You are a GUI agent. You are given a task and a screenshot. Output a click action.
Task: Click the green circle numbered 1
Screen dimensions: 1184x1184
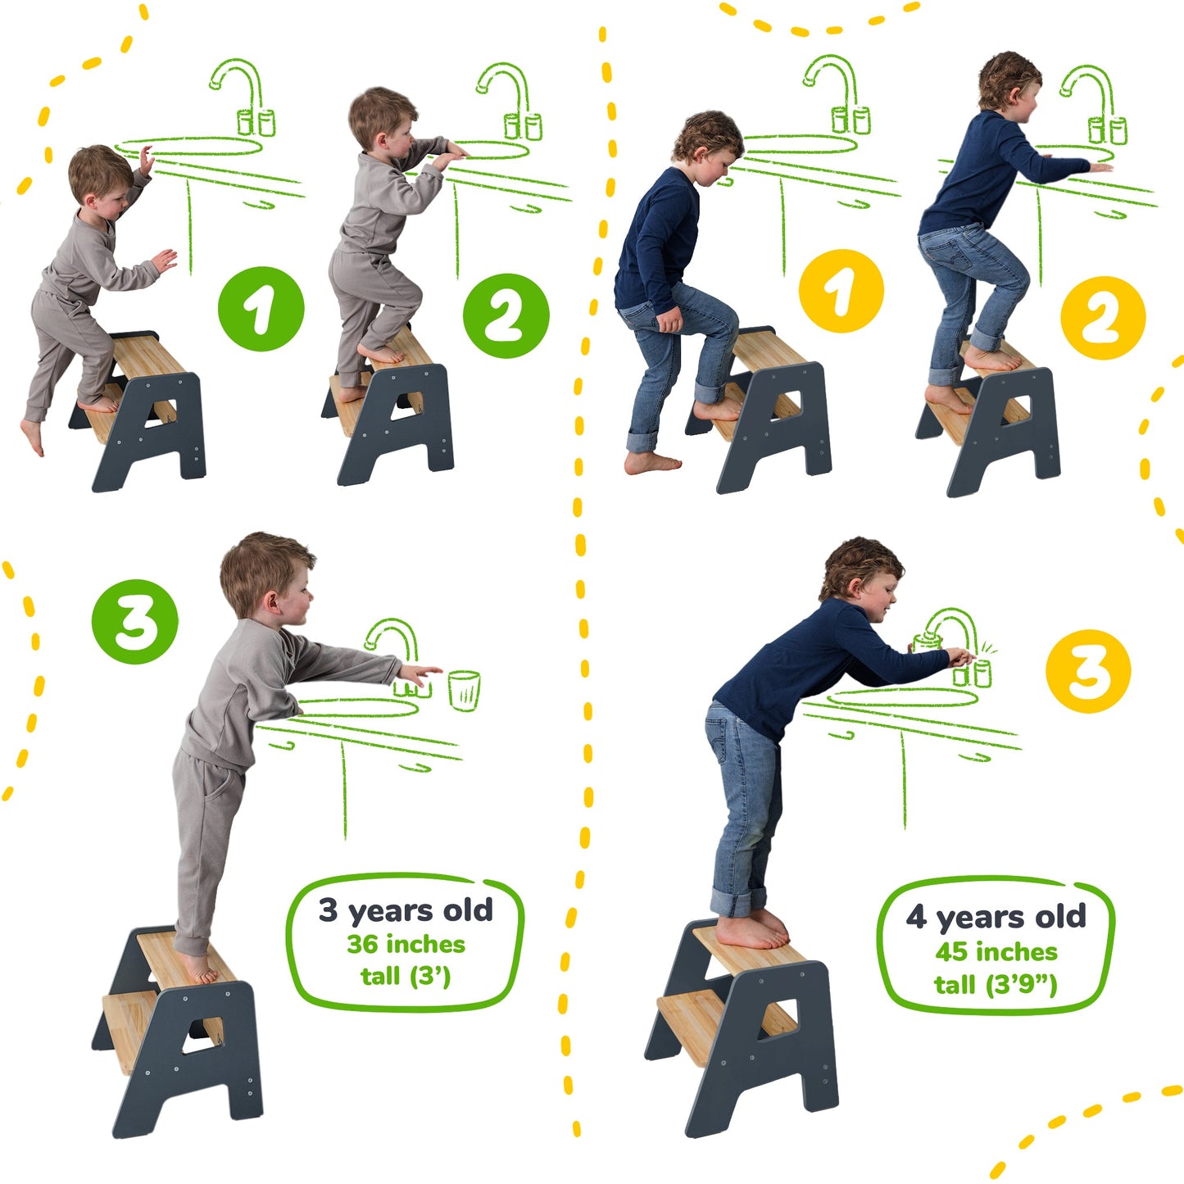(x=261, y=309)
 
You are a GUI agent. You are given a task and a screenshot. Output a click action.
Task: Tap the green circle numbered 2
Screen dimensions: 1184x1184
(x=506, y=315)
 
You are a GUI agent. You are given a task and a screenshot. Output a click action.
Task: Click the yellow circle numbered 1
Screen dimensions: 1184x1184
(x=841, y=291)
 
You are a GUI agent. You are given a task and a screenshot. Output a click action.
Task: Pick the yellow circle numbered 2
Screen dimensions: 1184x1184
(x=1102, y=317)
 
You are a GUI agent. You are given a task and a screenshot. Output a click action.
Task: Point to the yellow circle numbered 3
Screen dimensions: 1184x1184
(x=1087, y=671)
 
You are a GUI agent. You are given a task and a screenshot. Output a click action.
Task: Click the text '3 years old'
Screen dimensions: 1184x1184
(x=406, y=910)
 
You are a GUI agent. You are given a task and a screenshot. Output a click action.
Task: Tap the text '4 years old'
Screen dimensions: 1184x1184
(x=996, y=917)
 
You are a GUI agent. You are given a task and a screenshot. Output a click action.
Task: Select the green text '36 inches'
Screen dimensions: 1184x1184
(x=406, y=944)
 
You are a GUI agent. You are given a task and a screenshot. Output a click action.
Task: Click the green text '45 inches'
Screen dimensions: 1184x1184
(x=996, y=951)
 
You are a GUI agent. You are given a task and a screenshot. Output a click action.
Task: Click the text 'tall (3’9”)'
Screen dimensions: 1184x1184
(x=996, y=983)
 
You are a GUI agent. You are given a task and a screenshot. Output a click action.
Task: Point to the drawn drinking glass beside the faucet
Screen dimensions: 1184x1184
(x=464, y=690)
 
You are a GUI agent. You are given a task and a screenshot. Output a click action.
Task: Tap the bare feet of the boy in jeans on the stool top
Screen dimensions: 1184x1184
(x=752, y=931)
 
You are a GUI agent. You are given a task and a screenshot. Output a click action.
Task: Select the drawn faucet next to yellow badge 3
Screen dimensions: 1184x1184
(x=955, y=635)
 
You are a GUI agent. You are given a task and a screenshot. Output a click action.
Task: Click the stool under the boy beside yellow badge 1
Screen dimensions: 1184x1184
(x=762, y=410)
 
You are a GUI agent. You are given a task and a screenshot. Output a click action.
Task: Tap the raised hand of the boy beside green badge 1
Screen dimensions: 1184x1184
(x=146, y=161)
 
